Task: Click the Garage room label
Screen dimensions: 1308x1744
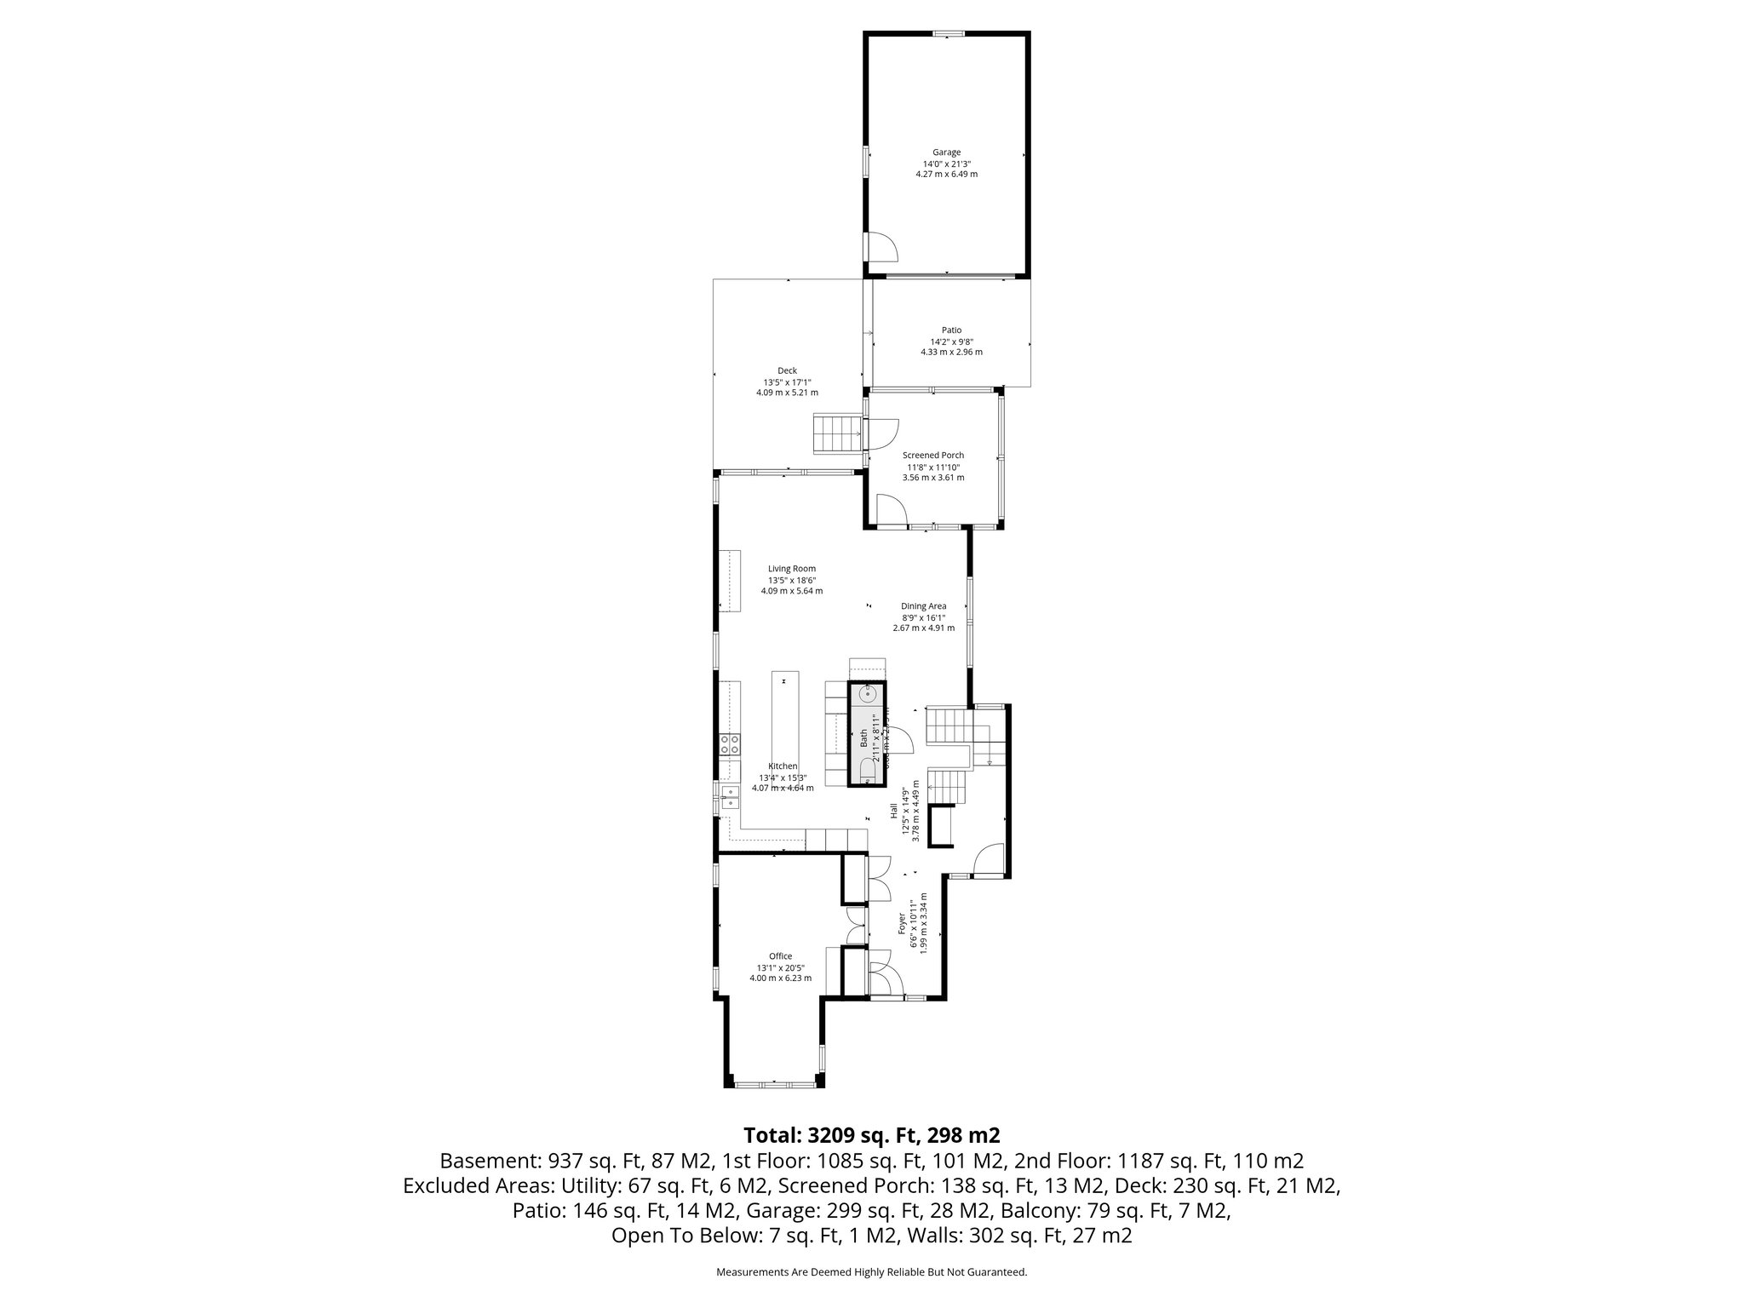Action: click(946, 152)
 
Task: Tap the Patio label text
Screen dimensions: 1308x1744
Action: click(951, 330)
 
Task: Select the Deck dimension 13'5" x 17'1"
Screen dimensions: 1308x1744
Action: click(787, 382)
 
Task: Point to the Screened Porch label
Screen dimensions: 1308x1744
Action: click(933, 456)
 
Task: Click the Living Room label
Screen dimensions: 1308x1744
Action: click(792, 569)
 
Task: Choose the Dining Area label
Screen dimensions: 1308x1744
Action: click(924, 606)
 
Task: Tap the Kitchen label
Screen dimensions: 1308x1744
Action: click(783, 766)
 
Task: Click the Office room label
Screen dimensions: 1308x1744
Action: click(780, 956)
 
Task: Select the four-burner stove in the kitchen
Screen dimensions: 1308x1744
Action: click(731, 745)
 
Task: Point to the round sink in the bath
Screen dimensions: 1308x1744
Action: click(869, 694)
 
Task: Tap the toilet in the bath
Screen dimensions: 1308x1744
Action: click(868, 771)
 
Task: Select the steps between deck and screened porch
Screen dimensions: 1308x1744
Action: click(838, 434)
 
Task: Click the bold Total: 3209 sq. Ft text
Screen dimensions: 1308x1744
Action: click(871, 1135)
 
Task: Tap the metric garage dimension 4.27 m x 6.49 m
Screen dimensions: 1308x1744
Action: click(946, 175)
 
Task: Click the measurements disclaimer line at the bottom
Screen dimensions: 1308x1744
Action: click(871, 1272)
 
